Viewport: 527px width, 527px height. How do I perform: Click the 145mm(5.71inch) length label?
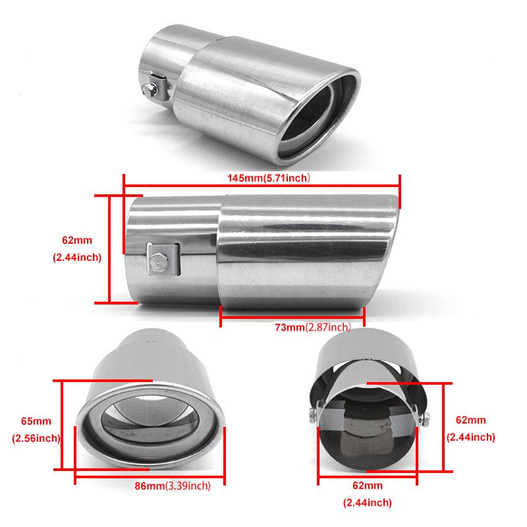(268, 178)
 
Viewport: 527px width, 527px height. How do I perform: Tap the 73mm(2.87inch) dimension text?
(313, 327)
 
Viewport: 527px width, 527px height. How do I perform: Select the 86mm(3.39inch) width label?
(173, 485)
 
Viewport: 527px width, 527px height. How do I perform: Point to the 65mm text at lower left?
(36, 421)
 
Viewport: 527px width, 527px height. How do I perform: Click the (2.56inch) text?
(36, 438)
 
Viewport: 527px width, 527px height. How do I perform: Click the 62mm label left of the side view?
(77, 240)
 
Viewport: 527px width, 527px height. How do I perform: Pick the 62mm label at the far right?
(470, 420)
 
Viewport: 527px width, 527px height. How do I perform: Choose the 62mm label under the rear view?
(368, 485)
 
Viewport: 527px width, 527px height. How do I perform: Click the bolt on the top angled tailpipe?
(149, 89)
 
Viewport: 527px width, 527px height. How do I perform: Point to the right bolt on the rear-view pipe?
(425, 419)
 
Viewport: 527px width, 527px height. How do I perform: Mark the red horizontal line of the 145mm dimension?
(262, 185)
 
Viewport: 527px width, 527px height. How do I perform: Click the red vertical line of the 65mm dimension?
(62, 425)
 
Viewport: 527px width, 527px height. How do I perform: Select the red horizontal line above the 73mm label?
(292, 317)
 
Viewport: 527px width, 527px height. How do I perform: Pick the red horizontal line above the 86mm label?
(150, 476)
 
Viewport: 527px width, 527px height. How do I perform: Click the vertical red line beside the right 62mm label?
(443, 427)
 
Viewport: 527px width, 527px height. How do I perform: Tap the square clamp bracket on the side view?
(163, 260)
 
